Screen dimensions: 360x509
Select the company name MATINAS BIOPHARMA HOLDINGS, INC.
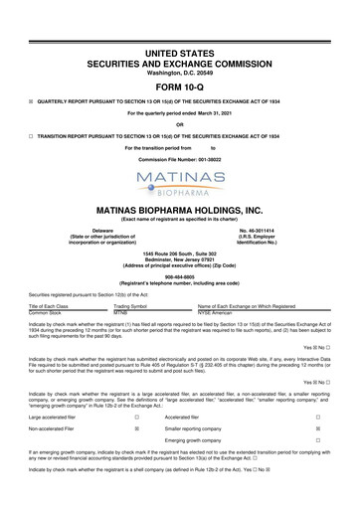pos(180,210)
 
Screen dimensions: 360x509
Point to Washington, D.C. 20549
pos(180,46)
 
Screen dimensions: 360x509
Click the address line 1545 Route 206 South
pos(180,254)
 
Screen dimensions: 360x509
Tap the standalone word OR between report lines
pos(180,123)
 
